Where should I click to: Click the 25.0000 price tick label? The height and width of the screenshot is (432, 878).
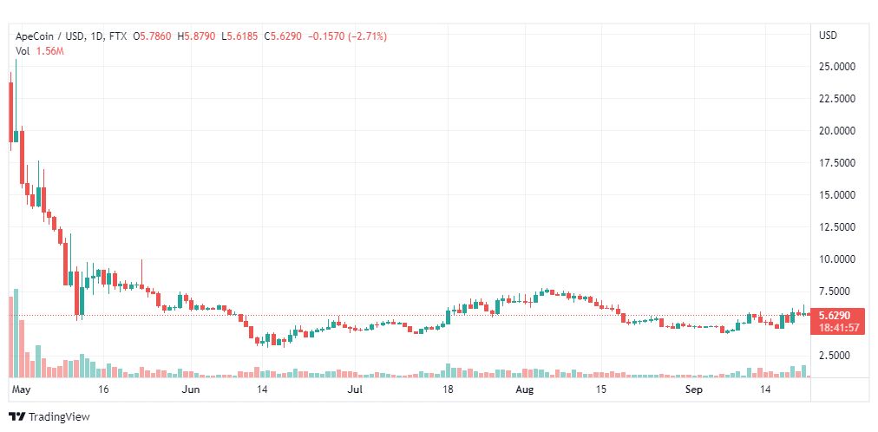click(x=836, y=67)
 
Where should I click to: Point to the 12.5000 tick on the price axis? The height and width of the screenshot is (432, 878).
click(x=836, y=226)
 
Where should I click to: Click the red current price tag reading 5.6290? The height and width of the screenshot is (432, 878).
click(x=835, y=316)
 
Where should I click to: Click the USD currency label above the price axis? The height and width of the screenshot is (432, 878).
click(x=829, y=36)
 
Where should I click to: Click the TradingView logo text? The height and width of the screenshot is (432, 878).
click(x=59, y=417)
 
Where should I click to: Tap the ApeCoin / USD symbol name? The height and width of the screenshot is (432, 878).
click(x=49, y=36)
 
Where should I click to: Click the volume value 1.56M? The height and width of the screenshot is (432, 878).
click(x=49, y=51)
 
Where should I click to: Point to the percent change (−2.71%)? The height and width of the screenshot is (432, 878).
click(x=367, y=36)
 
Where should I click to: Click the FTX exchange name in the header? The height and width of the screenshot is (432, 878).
click(x=118, y=36)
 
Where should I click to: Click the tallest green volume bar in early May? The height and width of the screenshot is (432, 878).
click(x=16, y=333)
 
